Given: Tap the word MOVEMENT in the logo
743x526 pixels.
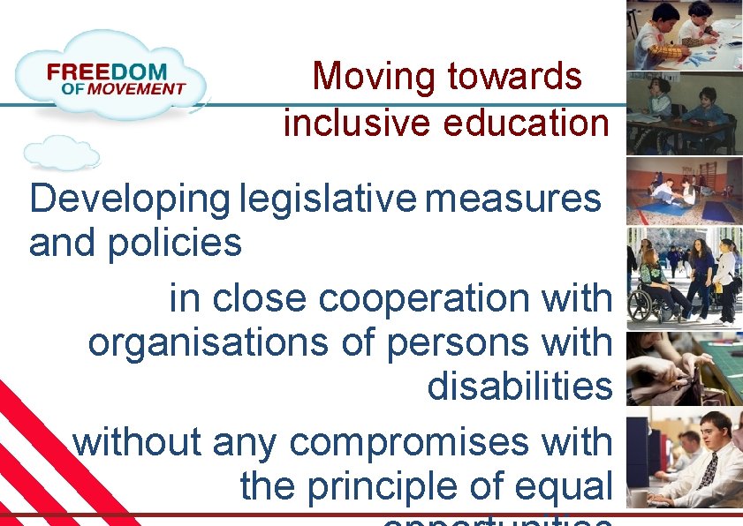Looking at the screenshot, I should click(x=135, y=88).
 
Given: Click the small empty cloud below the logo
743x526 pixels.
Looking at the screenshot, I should click(x=62, y=152).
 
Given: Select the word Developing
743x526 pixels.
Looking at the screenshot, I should click(x=129, y=200).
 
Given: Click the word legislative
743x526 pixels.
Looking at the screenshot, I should click(x=327, y=200).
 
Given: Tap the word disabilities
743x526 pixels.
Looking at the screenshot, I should click(x=519, y=387).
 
